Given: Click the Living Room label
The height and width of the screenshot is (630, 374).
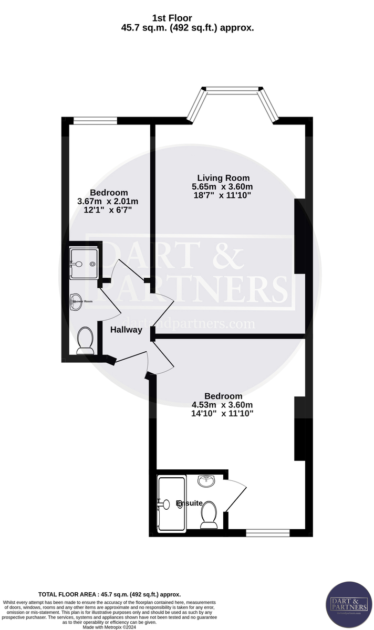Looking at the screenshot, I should click(223, 178).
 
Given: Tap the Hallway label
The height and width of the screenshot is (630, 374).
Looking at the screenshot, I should click(126, 330).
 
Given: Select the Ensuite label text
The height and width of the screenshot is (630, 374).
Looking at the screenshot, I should click(189, 503).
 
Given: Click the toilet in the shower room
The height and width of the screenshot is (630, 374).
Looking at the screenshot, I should click(85, 340).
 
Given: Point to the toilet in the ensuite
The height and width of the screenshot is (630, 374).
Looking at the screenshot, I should click(209, 514).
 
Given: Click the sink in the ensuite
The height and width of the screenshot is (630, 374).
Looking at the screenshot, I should click(205, 479).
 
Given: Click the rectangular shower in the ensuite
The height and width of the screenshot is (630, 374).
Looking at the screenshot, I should click(171, 502).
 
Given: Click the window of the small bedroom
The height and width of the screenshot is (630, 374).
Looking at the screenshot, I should click(95, 121).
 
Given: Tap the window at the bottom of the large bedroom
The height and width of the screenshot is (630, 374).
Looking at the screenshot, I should click(267, 532).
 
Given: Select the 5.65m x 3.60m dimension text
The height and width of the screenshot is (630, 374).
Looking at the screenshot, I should click(222, 187).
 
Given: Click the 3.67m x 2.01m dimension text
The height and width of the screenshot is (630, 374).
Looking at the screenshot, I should click(108, 202).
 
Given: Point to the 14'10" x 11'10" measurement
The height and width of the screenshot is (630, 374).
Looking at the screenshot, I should click(223, 414).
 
